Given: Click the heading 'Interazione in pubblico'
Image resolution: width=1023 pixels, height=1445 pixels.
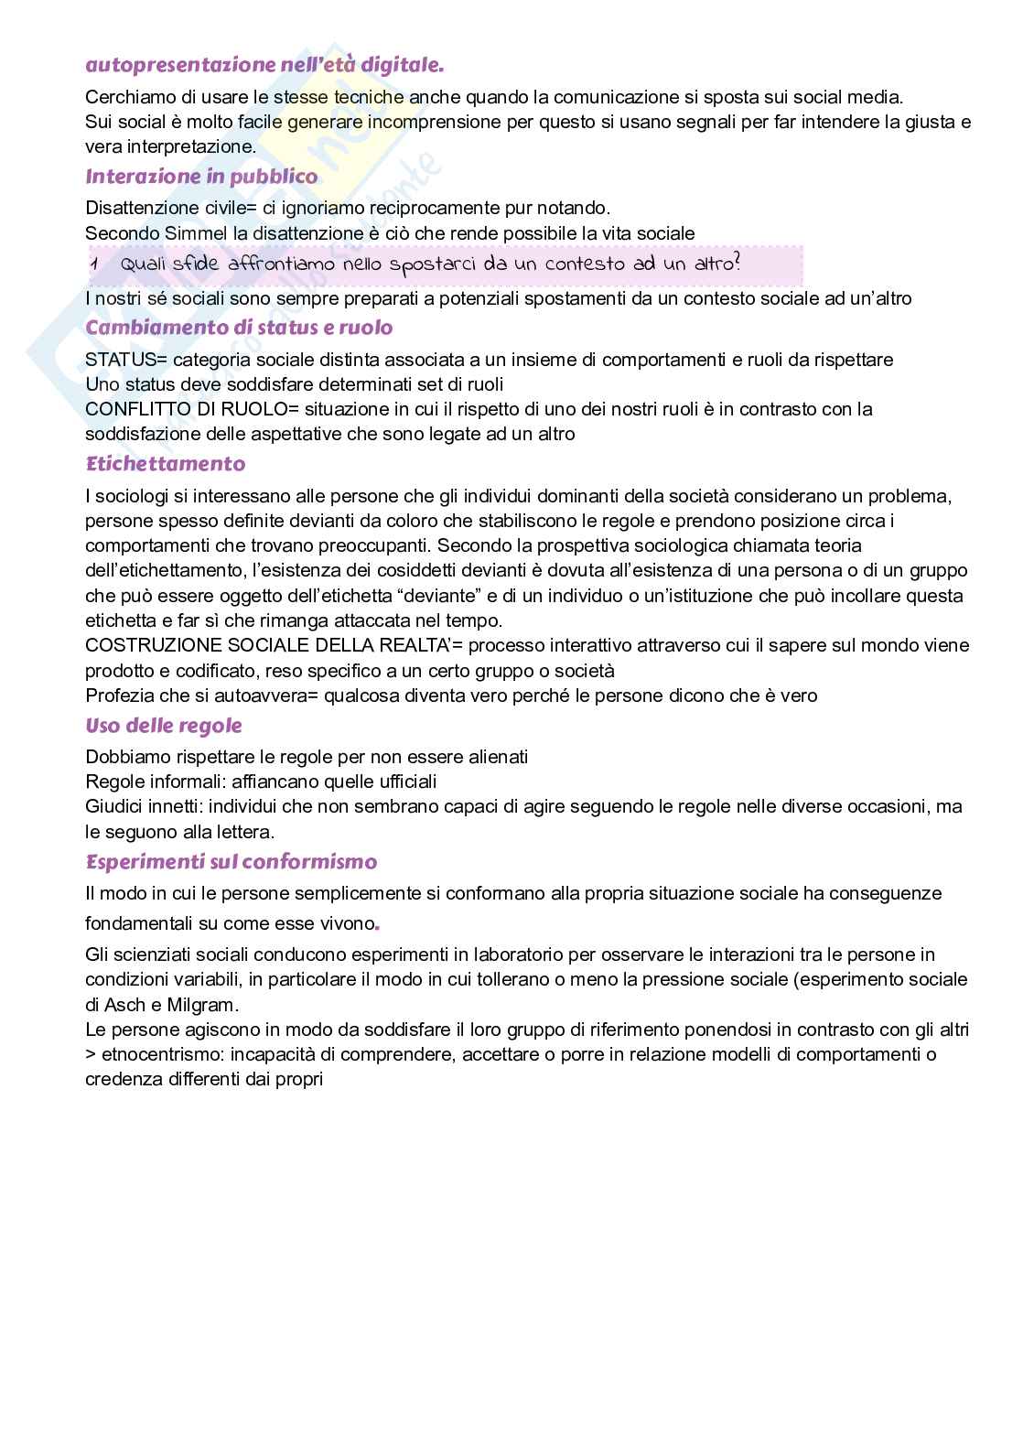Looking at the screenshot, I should click(x=201, y=177).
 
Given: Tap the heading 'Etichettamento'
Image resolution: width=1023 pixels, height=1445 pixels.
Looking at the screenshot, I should click(x=166, y=464).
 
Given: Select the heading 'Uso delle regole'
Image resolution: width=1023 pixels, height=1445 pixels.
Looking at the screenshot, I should click(x=164, y=726).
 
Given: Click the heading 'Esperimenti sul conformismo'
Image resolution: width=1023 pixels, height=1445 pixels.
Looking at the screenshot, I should click(x=231, y=862).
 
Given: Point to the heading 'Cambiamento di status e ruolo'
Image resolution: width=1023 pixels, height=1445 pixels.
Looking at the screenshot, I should click(x=239, y=328).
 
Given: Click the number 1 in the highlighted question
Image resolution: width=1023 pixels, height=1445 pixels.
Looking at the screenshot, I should click(x=94, y=264).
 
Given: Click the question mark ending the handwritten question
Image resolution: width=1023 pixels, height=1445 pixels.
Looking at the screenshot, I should click(x=737, y=264).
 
